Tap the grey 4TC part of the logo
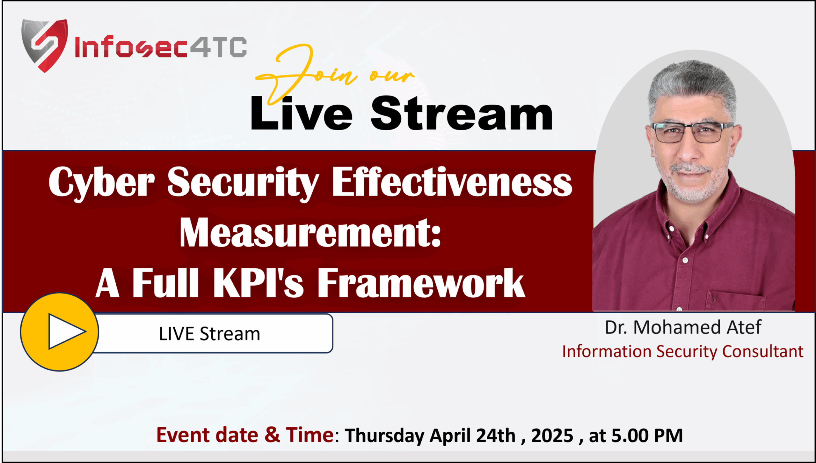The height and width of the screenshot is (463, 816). click(219, 47)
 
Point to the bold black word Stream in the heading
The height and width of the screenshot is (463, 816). click(462, 113)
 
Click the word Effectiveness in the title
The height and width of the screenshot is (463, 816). click(452, 182)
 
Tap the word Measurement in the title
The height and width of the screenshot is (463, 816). click(310, 233)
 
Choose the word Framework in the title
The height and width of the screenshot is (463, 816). click(421, 283)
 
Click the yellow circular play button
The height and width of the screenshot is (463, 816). click(60, 332)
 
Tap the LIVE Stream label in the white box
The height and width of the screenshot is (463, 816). click(209, 334)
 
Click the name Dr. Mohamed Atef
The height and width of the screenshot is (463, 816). click(683, 327)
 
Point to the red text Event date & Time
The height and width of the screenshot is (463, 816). click(245, 435)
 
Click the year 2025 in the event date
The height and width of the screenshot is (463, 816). click(552, 436)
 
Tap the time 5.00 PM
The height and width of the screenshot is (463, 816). click(647, 436)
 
